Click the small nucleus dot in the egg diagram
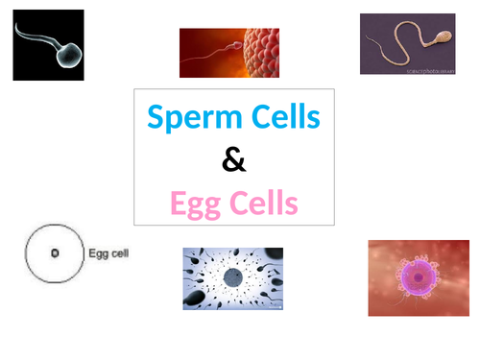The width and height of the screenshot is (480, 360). pyautogui.click(x=55, y=253)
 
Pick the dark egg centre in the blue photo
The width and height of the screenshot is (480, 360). pyautogui.click(x=233, y=278)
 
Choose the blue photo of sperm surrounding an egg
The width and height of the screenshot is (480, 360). pyautogui.click(x=233, y=278)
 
